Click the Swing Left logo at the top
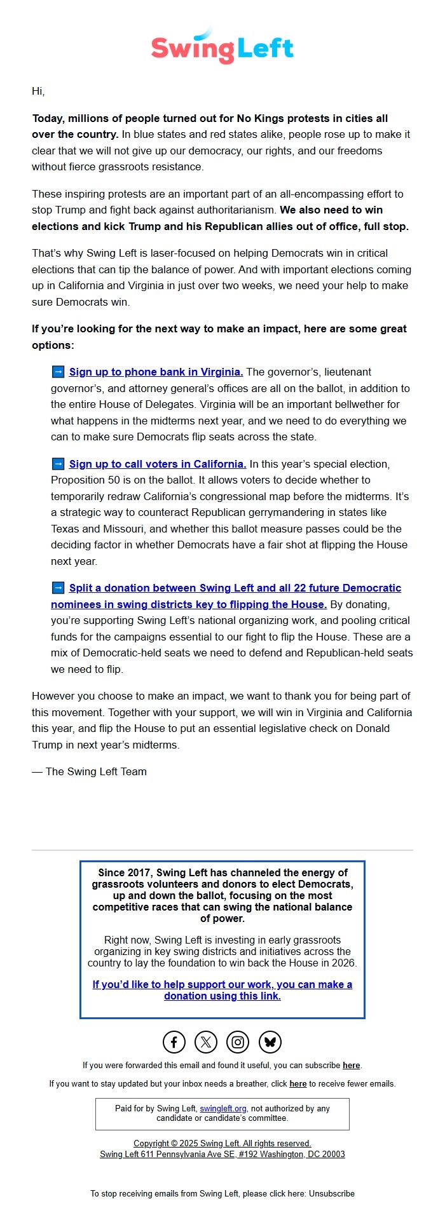click(x=222, y=46)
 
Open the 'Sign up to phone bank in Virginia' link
click(x=156, y=372)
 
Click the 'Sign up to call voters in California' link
click(x=158, y=464)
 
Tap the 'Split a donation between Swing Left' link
click(x=235, y=588)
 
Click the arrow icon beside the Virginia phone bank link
click(x=58, y=372)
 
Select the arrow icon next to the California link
click(x=58, y=464)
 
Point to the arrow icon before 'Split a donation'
click(x=58, y=588)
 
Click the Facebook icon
click(x=174, y=1042)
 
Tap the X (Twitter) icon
click(x=206, y=1042)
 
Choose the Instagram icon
click(x=238, y=1042)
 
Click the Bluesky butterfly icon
click(x=270, y=1042)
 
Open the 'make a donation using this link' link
click(x=222, y=990)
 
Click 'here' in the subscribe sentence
click(x=351, y=1066)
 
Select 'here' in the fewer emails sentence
click(x=298, y=1084)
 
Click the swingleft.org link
click(x=223, y=1109)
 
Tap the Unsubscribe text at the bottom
click(x=332, y=1194)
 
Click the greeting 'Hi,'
click(x=38, y=91)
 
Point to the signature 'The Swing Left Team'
click(x=95, y=772)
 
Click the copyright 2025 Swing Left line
click(x=222, y=1144)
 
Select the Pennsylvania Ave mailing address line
click(x=222, y=1155)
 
